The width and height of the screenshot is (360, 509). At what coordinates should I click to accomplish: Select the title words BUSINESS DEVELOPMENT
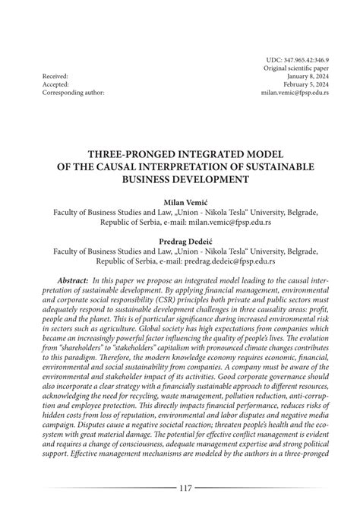pyautogui.click(x=180, y=178)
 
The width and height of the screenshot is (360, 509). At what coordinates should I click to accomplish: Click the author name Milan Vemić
pyautogui.click(x=180, y=204)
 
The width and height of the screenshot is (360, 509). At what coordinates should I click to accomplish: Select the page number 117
pyautogui.click(x=180, y=489)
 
